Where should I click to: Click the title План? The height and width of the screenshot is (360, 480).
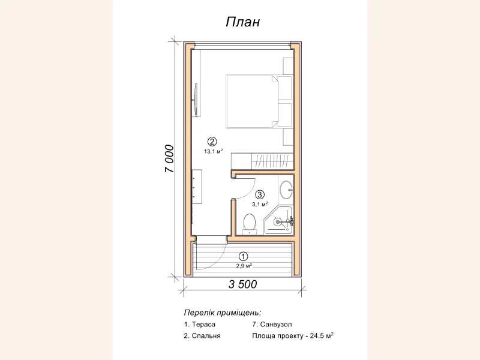[243, 22]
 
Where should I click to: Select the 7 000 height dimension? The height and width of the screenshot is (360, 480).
[169, 158]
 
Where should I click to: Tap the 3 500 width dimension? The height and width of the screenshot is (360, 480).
[243, 284]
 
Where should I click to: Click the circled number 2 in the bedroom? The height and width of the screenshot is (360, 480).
[212, 142]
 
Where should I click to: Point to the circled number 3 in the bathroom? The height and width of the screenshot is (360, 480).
[260, 194]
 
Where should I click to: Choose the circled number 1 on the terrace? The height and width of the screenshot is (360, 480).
[244, 257]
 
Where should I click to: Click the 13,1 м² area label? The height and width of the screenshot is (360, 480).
[214, 151]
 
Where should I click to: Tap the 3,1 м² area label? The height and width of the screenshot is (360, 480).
[260, 204]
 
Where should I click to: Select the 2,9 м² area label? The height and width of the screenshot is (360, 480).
[244, 266]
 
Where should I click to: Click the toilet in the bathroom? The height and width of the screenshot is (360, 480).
[249, 224]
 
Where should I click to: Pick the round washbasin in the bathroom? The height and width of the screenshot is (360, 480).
[287, 190]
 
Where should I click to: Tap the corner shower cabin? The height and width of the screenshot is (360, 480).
[278, 220]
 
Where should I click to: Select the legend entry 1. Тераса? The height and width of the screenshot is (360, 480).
[200, 324]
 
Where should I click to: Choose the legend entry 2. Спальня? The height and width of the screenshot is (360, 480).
[202, 335]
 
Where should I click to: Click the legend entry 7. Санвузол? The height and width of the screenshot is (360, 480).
[272, 324]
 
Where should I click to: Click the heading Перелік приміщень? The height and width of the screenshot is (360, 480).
[223, 313]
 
